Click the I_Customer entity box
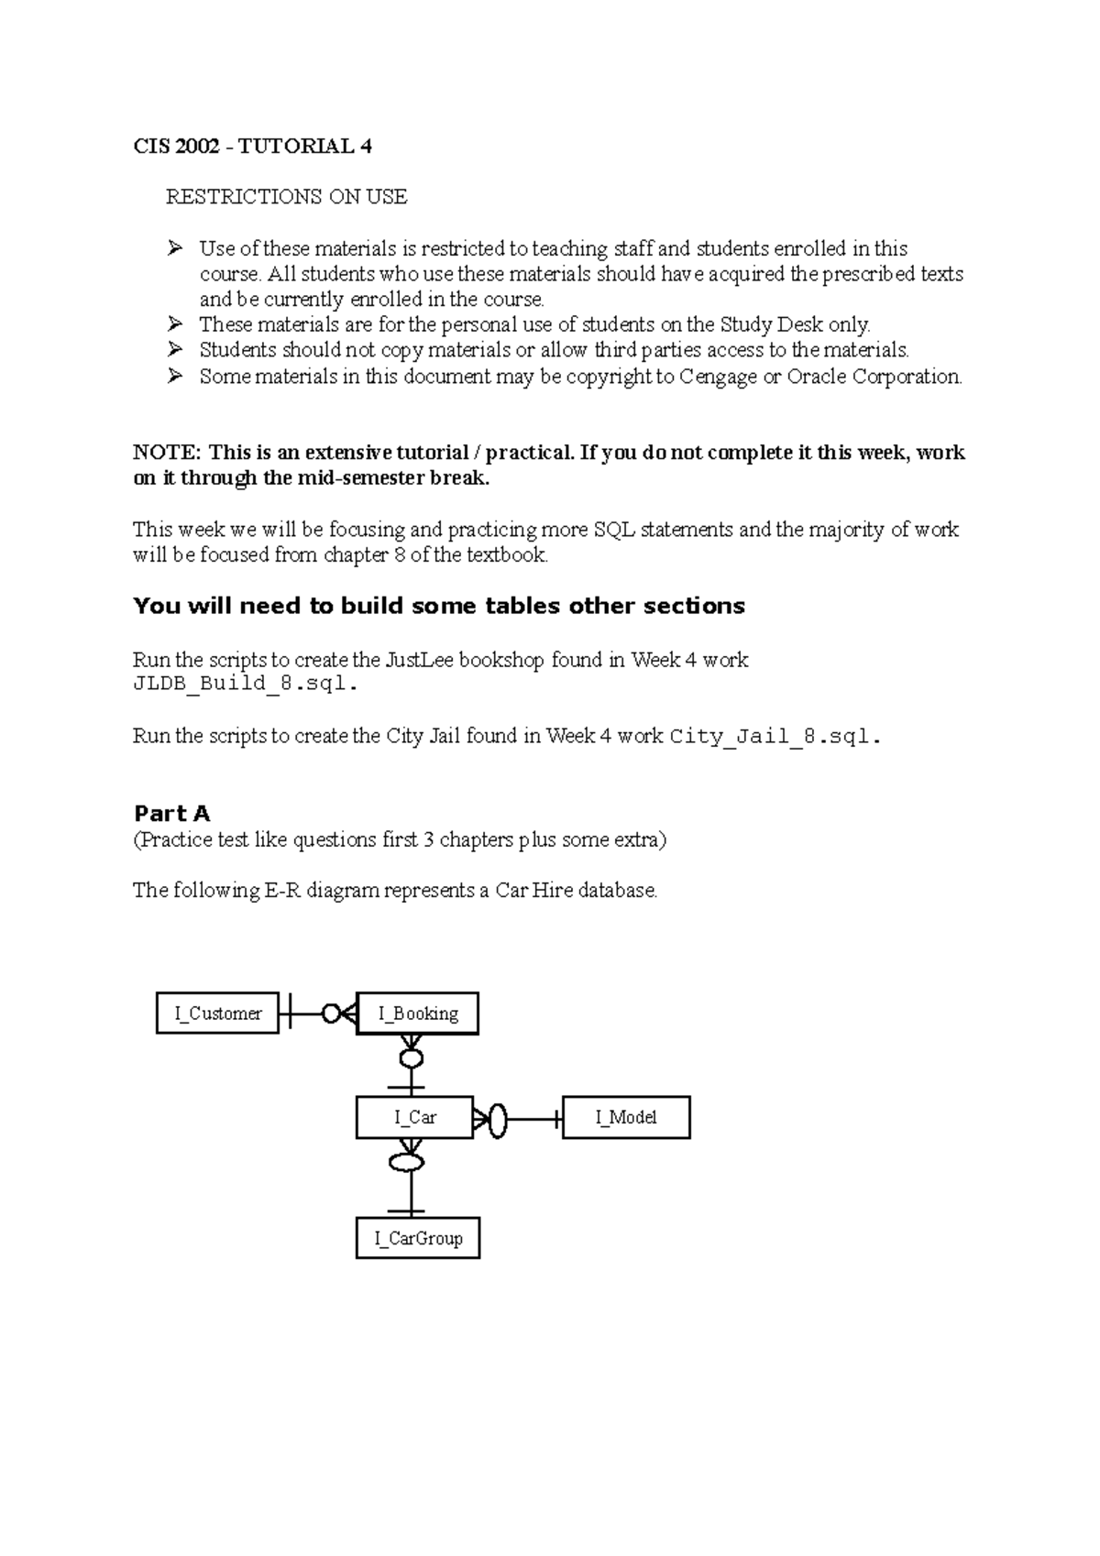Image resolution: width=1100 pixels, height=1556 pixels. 217,1013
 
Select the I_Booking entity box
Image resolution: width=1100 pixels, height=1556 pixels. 417,1014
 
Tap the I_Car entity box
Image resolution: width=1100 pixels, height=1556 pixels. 414,1117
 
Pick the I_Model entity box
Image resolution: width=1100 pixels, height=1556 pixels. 625,1117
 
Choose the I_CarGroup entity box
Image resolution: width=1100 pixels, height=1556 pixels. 417,1238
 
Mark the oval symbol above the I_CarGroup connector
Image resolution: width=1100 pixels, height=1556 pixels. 407,1163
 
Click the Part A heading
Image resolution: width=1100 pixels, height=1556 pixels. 171,813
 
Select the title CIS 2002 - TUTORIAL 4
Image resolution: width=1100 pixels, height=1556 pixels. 252,147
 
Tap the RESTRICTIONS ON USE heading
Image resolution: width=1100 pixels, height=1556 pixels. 286,197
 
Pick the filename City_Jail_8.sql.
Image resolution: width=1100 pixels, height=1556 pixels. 775,736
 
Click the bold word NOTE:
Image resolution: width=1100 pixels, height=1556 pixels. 166,453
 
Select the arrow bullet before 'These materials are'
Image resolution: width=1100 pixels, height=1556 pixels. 175,324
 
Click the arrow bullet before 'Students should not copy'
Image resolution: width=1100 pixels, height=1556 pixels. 175,350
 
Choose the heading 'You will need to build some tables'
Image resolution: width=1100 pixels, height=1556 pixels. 438,606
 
